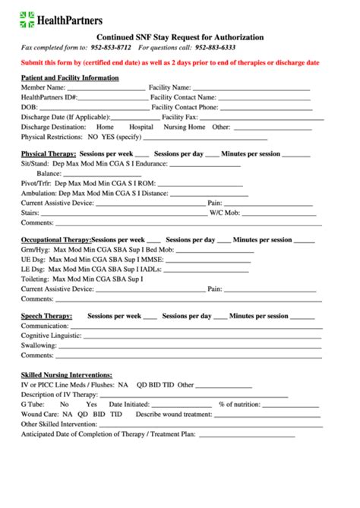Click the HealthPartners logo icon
click(27, 19)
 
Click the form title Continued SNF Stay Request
click(180, 36)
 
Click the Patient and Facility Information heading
click(70, 77)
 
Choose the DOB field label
click(29, 107)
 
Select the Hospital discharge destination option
click(141, 127)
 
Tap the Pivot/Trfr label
click(36, 183)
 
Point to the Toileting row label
click(36, 279)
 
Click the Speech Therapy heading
click(46, 316)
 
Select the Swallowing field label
click(39, 345)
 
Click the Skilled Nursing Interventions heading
click(67, 375)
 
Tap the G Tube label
click(33, 405)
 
